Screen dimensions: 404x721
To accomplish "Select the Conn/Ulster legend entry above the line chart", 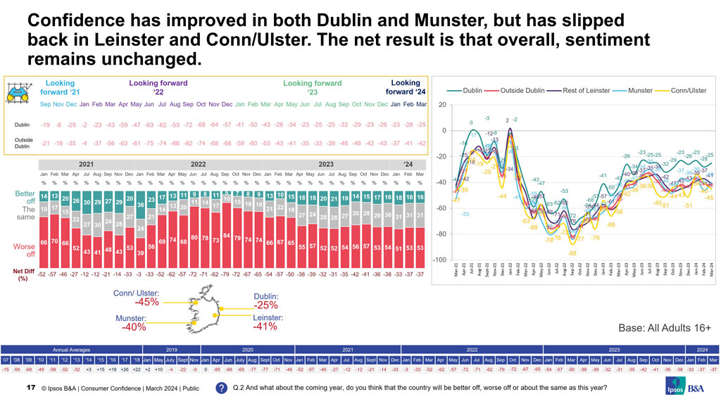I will [682, 90].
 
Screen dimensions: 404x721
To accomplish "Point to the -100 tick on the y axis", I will [441, 260].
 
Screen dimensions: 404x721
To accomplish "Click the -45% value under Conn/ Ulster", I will [146, 302].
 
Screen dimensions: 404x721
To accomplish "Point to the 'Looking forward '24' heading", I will [406, 87].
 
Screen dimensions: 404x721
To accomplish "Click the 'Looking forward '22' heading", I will [158, 87].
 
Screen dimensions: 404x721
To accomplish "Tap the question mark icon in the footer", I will [220, 387].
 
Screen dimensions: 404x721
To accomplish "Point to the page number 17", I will [30, 387].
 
